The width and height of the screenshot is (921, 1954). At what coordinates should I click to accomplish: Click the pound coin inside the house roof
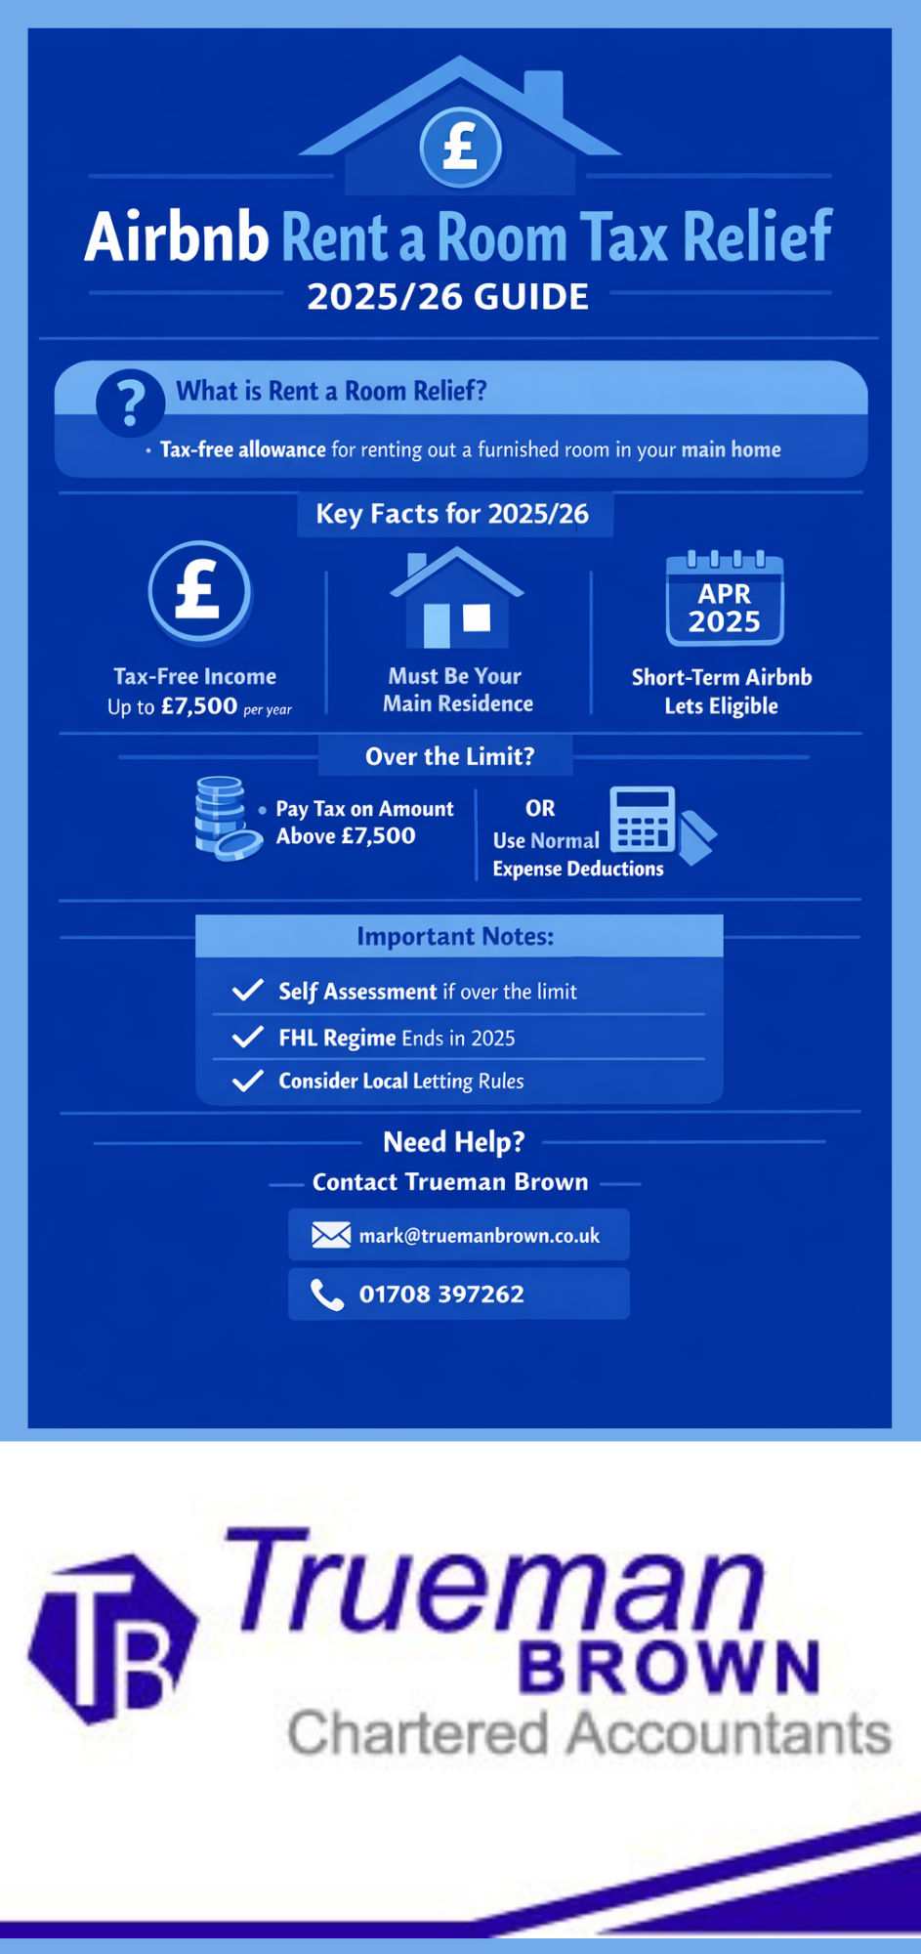pyautogui.click(x=460, y=148)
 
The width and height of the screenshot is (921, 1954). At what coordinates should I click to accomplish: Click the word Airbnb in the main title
pyautogui.click(x=177, y=237)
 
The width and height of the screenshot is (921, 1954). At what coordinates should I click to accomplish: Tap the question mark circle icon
pyautogui.click(x=130, y=403)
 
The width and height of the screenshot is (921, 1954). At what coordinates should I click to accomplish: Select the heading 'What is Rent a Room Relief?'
pyautogui.click(x=331, y=391)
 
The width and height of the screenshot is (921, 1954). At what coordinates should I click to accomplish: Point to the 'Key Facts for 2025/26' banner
pyautogui.click(x=452, y=514)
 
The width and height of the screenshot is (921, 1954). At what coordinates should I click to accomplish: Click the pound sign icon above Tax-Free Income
pyautogui.click(x=199, y=591)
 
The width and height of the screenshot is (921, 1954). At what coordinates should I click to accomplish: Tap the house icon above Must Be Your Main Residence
pyautogui.click(x=456, y=599)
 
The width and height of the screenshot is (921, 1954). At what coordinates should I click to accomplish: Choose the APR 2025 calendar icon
pyautogui.click(x=724, y=599)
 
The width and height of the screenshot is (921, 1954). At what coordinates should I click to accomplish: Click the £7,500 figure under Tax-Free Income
pyautogui.click(x=199, y=705)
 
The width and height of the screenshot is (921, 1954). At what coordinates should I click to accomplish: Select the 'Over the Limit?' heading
pyautogui.click(x=449, y=756)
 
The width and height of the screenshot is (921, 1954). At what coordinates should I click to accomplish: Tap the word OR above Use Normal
pyautogui.click(x=540, y=808)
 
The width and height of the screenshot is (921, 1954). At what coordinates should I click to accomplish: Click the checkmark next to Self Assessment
pyautogui.click(x=248, y=991)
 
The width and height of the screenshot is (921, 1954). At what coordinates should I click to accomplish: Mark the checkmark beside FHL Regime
pyautogui.click(x=248, y=1037)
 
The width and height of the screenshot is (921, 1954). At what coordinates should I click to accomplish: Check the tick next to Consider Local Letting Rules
pyautogui.click(x=248, y=1081)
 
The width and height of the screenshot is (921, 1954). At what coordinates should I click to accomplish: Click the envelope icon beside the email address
pyautogui.click(x=331, y=1236)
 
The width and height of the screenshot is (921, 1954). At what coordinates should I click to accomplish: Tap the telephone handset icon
pyautogui.click(x=327, y=1296)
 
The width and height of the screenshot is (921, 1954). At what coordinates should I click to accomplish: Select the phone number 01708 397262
pyautogui.click(x=441, y=1295)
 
